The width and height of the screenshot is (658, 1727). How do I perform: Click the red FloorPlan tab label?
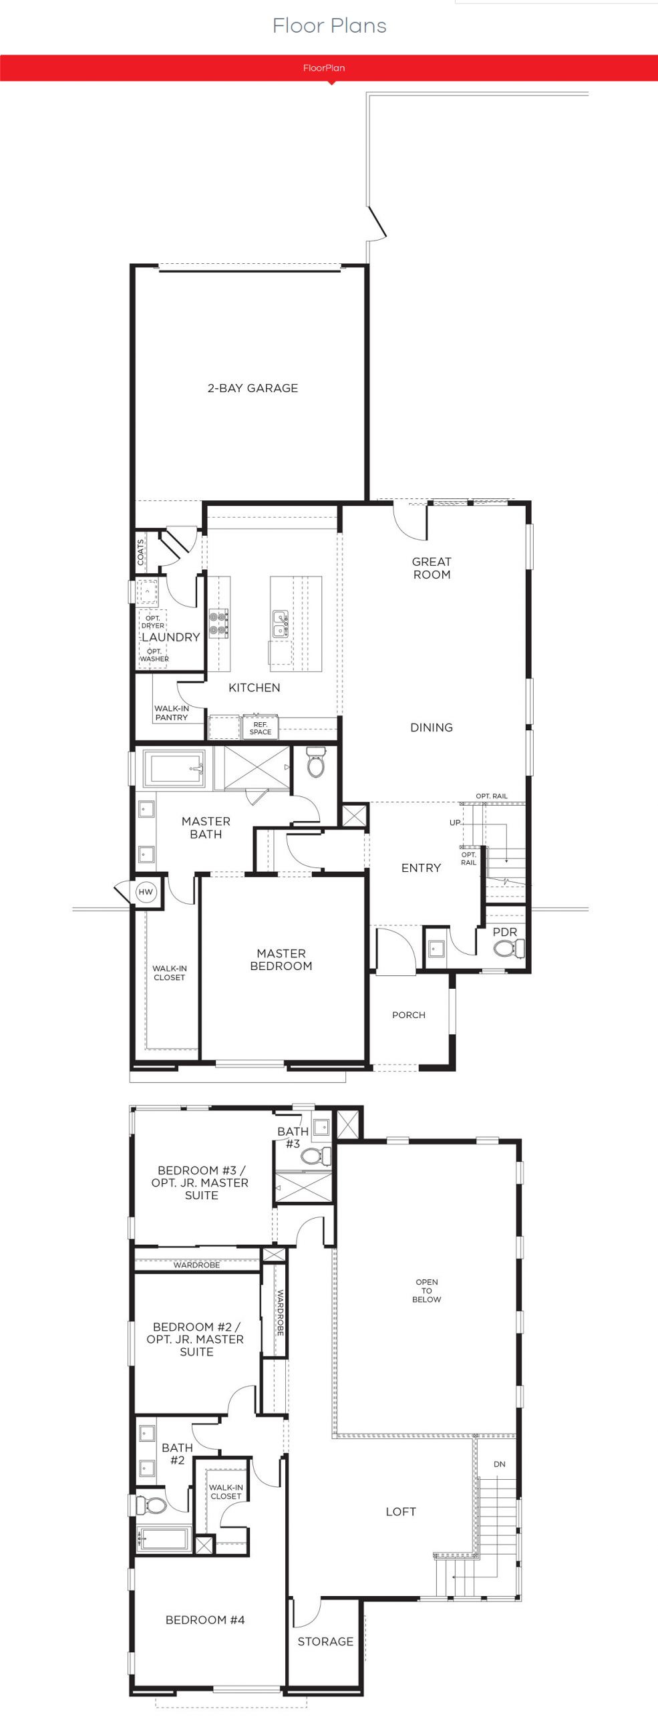point(323,67)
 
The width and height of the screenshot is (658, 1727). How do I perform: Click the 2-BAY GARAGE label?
point(253,388)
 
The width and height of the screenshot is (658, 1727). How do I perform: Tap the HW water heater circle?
point(146,892)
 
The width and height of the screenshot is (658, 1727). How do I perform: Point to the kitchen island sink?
point(280,623)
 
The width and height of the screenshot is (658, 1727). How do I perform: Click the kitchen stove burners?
point(218,623)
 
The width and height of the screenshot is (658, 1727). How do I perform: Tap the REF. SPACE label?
point(261,728)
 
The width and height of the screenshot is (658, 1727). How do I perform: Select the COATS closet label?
point(141,552)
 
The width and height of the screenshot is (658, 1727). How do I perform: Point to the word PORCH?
point(409,1015)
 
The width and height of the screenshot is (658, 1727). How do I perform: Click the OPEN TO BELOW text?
point(427,1291)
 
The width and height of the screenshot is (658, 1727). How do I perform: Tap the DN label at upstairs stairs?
point(499,1464)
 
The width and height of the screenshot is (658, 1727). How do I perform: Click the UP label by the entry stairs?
point(455,822)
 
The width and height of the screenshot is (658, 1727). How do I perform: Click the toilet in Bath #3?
point(315,1156)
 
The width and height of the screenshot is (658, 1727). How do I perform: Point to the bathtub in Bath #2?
point(164,1539)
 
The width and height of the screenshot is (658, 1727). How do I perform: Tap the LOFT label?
point(401,1512)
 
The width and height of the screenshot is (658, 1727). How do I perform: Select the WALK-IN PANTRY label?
point(172,713)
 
